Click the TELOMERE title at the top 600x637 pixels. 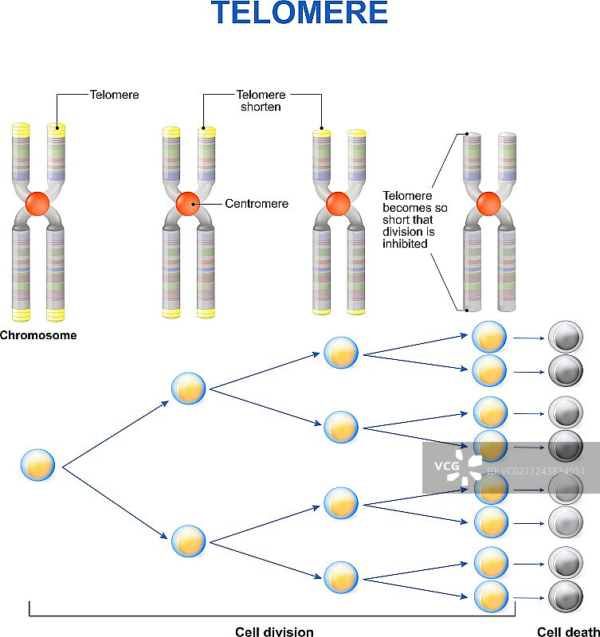point(300,14)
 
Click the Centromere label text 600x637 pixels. point(257,204)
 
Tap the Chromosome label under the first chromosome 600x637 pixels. point(38,335)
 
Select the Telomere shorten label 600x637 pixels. point(261,100)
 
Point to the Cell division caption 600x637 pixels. point(274,632)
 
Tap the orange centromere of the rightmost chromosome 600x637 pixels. point(488,203)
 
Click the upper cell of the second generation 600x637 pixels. point(189,389)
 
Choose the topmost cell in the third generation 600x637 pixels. point(341,351)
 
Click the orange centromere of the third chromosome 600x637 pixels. point(337,203)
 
